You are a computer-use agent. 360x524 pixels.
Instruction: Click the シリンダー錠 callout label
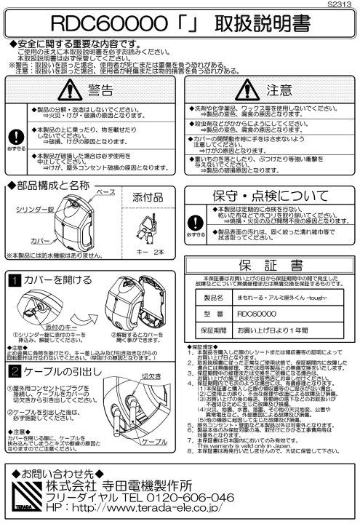tap(35, 207)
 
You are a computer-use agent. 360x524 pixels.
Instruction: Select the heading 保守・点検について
tap(270, 197)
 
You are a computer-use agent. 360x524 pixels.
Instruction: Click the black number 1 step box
tap(14, 277)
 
